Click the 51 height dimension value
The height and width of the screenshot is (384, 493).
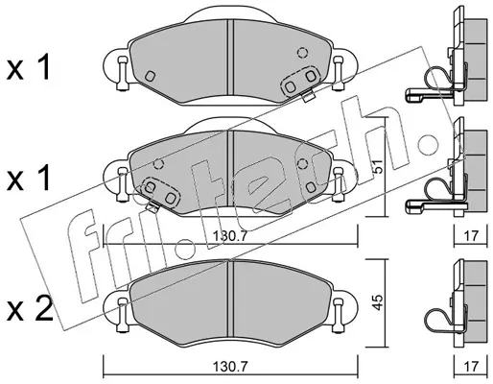click(x=378, y=166)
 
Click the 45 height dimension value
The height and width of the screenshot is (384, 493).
click(x=378, y=302)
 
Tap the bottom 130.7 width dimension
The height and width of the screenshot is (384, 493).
click(x=230, y=365)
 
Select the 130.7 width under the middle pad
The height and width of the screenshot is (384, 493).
click(x=230, y=236)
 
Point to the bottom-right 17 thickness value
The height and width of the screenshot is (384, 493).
click(x=471, y=365)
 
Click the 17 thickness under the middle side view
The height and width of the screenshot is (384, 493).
click(x=471, y=236)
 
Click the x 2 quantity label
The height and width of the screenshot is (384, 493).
click(x=30, y=309)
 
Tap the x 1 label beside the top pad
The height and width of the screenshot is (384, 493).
click(x=29, y=68)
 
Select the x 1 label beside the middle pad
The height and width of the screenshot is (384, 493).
click(x=29, y=178)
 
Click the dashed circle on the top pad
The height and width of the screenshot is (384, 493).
click(x=302, y=52)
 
